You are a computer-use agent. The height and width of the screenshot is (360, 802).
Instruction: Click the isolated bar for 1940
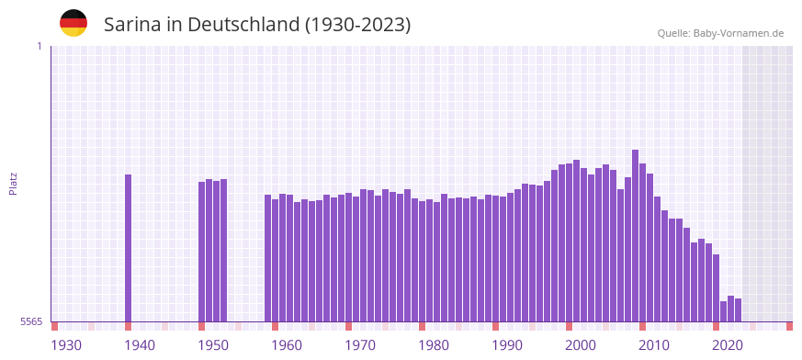(128, 248)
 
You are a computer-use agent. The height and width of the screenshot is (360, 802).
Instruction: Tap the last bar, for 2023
(738, 310)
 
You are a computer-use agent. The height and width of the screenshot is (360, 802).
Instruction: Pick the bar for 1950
(201, 252)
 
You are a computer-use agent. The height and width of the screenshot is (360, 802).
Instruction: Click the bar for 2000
(569, 242)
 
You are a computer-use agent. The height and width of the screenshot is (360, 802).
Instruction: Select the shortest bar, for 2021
(723, 311)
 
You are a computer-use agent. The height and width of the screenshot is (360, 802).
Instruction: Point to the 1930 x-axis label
(66, 345)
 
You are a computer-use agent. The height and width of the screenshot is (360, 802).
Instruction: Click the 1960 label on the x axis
(287, 345)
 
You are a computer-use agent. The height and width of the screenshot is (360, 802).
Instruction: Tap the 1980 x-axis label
(434, 345)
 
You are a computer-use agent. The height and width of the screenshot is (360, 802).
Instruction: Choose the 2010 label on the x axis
(654, 345)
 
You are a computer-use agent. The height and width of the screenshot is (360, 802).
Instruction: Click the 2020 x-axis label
(728, 345)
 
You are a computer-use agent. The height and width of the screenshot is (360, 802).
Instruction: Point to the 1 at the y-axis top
(39, 46)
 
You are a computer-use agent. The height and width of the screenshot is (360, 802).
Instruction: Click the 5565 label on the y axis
(30, 321)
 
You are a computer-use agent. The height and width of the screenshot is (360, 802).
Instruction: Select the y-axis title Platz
(13, 183)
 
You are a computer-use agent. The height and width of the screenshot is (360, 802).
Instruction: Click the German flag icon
(73, 24)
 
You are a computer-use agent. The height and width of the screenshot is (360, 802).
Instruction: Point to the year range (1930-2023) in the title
(358, 25)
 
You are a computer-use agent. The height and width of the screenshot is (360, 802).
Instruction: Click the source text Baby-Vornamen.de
(739, 33)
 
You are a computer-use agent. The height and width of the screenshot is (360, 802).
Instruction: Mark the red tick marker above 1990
(495, 326)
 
